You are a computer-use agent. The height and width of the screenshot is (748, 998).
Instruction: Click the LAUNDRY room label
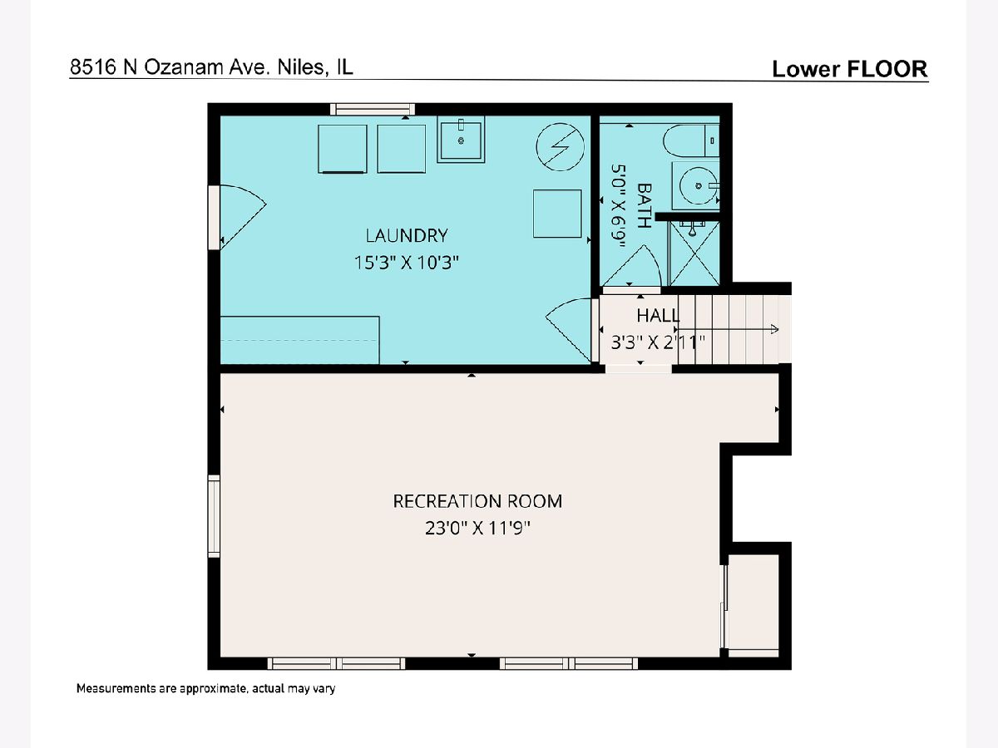click(x=407, y=235)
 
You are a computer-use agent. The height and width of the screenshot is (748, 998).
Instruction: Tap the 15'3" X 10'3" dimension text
click(x=407, y=263)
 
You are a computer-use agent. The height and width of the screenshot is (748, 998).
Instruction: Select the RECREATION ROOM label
click(x=477, y=501)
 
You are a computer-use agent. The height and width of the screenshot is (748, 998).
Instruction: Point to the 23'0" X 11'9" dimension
click(x=477, y=529)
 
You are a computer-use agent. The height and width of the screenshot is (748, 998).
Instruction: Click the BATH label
click(x=644, y=205)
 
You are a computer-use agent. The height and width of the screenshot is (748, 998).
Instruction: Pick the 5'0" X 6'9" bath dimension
click(x=619, y=206)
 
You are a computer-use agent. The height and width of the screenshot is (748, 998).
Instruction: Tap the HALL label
click(x=658, y=315)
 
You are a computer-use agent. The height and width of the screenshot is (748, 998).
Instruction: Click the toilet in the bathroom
click(x=691, y=140)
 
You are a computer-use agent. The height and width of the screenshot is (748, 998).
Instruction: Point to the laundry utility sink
click(x=461, y=140)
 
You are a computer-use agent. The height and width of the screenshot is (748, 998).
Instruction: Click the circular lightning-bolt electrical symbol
click(x=561, y=147)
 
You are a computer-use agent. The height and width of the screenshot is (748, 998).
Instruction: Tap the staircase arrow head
click(x=775, y=330)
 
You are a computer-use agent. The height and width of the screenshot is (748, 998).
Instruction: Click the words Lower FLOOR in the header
click(x=850, y=69)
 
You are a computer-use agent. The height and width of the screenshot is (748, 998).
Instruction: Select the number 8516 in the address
click(x=93, y=67)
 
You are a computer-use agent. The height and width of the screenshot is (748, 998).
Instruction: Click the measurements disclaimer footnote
click(x=206, y=688)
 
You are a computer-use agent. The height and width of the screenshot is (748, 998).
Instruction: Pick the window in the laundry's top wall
click(x=373, y=109)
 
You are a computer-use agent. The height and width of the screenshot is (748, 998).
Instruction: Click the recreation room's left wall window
click(x=214, y=516)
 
